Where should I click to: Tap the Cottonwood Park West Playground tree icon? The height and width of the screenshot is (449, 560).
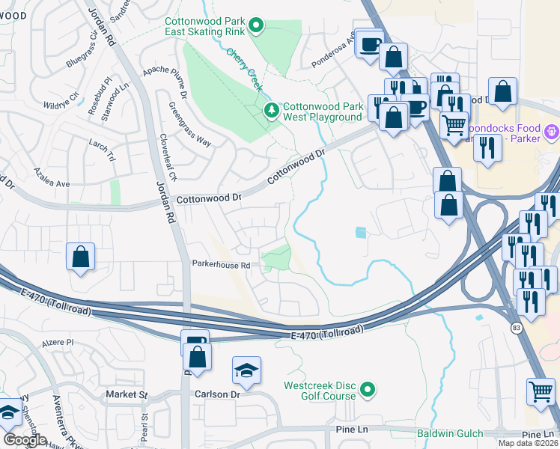coord(272,112)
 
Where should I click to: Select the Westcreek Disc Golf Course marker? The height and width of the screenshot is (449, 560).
coord(367,390)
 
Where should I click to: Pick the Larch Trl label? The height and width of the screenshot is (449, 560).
coord(102,150)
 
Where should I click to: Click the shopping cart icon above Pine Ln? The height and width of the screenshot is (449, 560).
coord(541,391)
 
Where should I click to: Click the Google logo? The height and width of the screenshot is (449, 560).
coord(24,439)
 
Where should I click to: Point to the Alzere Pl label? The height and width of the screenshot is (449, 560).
coord(61,341)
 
